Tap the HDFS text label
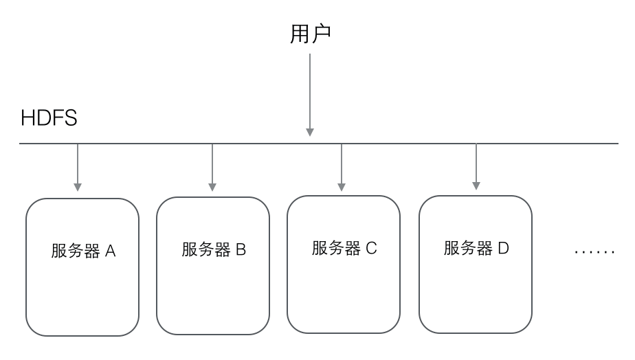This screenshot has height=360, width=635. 49,118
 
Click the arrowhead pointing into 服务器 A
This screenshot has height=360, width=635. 78,186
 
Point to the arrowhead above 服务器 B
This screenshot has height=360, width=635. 212,186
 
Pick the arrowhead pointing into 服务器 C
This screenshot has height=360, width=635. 342,186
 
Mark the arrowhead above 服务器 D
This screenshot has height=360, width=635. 476,185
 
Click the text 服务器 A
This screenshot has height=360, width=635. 83,251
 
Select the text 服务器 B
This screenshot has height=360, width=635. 214,250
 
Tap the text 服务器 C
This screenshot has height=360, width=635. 344,248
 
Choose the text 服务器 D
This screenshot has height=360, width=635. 476,248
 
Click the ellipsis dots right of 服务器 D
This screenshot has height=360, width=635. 594,252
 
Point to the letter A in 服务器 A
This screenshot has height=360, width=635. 110,251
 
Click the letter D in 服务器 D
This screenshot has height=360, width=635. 503,248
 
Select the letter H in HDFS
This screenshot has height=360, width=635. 27,118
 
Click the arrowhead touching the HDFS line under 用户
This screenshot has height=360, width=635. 310,131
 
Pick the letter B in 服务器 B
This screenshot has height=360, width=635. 241,250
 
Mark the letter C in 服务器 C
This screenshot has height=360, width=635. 371,248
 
